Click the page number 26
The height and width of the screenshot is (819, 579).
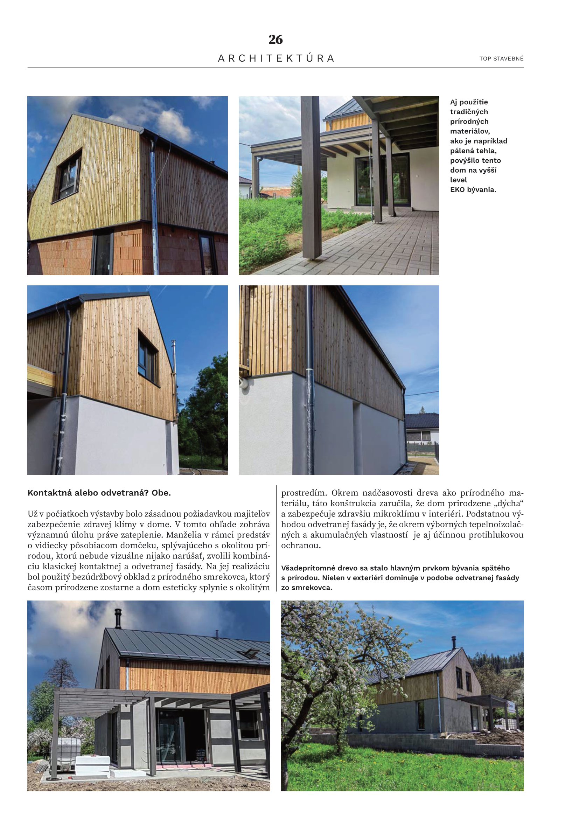(275, 40)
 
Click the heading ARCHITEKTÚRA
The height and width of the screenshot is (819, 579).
(276, 58)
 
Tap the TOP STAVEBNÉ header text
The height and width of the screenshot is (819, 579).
(501, 58)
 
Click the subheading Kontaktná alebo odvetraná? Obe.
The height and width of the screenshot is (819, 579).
(99, 494)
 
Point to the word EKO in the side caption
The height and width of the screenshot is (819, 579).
(458, 189)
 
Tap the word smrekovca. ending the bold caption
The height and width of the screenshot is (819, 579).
(312, 588)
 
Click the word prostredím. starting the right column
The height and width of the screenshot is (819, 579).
(304, 494)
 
